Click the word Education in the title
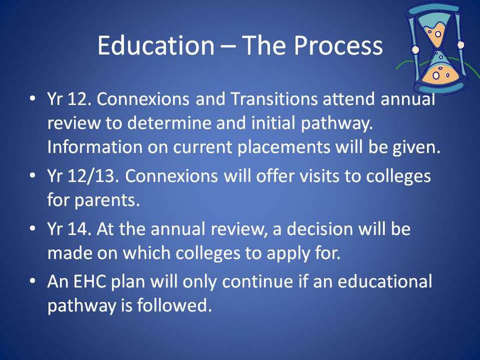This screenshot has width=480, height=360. tap(156, 45)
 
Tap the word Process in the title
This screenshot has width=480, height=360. tap(338, 45)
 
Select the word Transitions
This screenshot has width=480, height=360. tap(274, 99)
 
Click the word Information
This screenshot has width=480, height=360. tap(95, 147)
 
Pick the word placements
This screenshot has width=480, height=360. tap(284, 147)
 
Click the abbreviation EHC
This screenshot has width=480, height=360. tap(89, 281)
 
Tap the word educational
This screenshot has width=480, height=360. tap(385, 281)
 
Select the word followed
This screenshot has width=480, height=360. tap(174, 305)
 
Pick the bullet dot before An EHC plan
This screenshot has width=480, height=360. tap(32, 281)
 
